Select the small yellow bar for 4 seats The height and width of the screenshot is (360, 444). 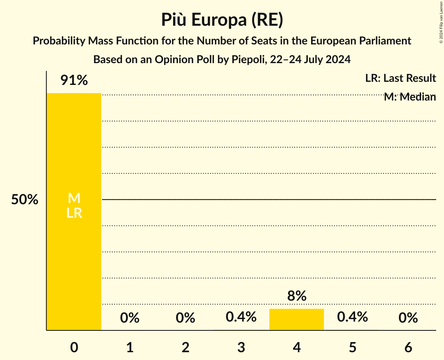pyautogui.click(x=297, y=319)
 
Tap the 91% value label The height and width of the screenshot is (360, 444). pyautogui.click(x=74, y=81)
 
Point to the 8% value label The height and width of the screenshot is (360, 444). pyautogui.click(x=297, y=296)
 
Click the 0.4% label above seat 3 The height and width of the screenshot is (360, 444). pyautogui.click(x=241, y=317)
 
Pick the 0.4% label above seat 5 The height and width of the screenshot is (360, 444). pyautogui.click(x=352, y=317)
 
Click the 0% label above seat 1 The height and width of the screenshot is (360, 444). pyautogui.click(x=130, y=318)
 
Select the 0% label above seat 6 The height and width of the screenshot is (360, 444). pyautogui.click(x=408, y=318)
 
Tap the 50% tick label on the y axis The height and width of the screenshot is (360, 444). pyautogui.click(x=25, y=200)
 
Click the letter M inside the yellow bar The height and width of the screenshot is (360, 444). pyautogui.click(x=74, y=198)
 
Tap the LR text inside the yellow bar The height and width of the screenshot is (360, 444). pyautogui.click(x=74, y=213)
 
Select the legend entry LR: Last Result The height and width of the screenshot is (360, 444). pyautogui.click(x=400, y=78)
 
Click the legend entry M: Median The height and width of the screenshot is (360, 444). pyautogui.click(x=410, y=97)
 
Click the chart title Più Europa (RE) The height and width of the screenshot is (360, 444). pyautogui.click(x=222, y=20)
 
